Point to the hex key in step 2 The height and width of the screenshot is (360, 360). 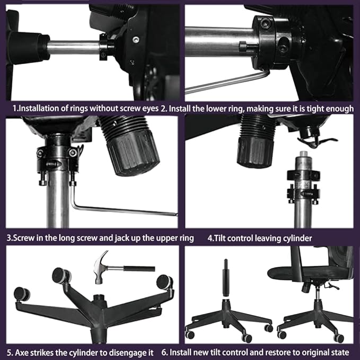click(x=228, y=83)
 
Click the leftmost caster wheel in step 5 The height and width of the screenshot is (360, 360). click(x=22, y=293)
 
